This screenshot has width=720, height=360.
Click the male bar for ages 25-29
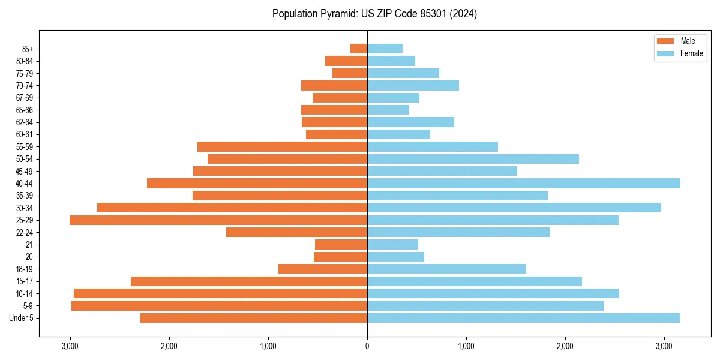coord(218,220)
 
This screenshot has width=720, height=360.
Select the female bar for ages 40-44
coord(524,184)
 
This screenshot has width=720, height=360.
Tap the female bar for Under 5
coord(523,318)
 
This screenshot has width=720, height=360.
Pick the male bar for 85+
coord(359,49)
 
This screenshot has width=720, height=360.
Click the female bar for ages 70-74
coord(413,86)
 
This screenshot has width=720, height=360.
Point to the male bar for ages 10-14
coord(220,293)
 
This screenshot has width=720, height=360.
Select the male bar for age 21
coord(341,245)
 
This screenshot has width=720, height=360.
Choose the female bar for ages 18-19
coord(446,269)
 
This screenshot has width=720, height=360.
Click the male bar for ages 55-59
coord(282,147)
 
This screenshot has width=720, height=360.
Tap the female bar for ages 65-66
coord(388,110)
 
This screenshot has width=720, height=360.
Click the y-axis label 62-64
coord(25,122)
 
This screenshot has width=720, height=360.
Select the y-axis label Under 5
coord(22,318)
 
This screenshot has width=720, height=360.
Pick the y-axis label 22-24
coord(25,233)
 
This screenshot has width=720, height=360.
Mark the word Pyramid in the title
coord(337,14)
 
